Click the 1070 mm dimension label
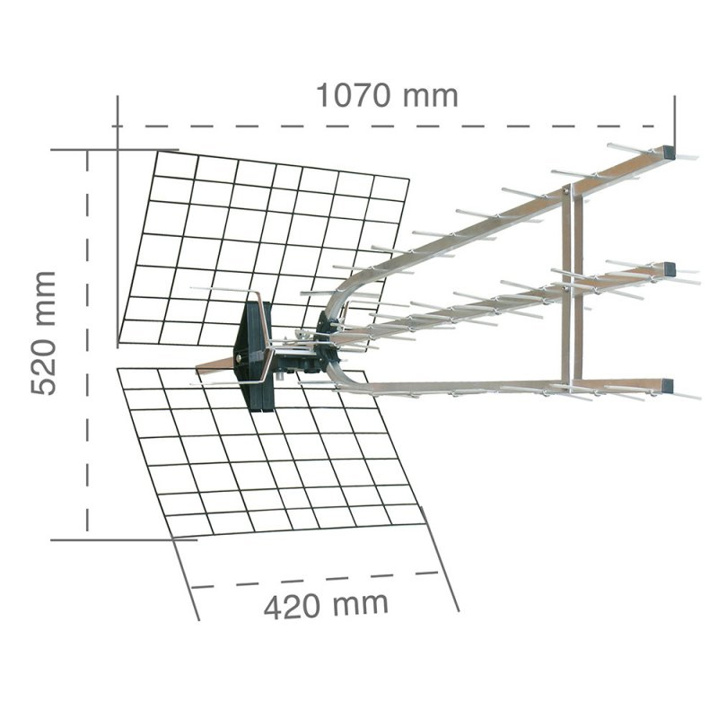(x=387, y=96)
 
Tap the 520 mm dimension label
(x=43, y=333)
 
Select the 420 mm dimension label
(x=326, y=605)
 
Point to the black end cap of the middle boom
(x=669, y=269)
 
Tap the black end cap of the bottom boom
(x=668, y=386)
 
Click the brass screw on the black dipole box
(x=238, y=358)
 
